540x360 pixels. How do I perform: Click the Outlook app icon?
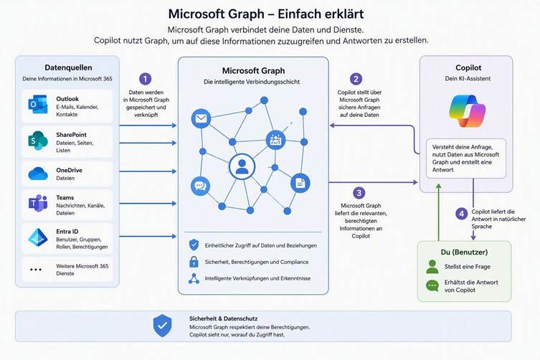38,105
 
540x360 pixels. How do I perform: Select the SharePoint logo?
38,141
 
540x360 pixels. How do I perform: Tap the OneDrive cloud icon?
38,174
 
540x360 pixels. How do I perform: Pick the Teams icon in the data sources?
38,204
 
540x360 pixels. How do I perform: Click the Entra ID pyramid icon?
38,237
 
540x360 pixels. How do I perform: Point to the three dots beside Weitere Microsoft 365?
36,270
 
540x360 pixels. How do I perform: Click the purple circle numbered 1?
145,79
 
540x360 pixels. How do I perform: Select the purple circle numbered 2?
356,79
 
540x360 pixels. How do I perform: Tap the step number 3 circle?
359,193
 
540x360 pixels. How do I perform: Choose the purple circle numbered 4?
462,214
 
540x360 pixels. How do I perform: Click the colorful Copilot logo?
467,111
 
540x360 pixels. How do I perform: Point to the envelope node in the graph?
201,118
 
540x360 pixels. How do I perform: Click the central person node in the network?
242,167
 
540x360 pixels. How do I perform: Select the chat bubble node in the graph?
200,186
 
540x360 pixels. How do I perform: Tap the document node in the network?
300,183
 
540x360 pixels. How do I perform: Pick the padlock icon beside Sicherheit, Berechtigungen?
194,262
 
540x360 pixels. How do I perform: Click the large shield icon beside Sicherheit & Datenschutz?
163,325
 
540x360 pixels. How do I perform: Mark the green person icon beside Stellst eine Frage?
432,267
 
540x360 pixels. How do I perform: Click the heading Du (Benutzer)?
464,252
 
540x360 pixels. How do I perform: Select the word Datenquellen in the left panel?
68,67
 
